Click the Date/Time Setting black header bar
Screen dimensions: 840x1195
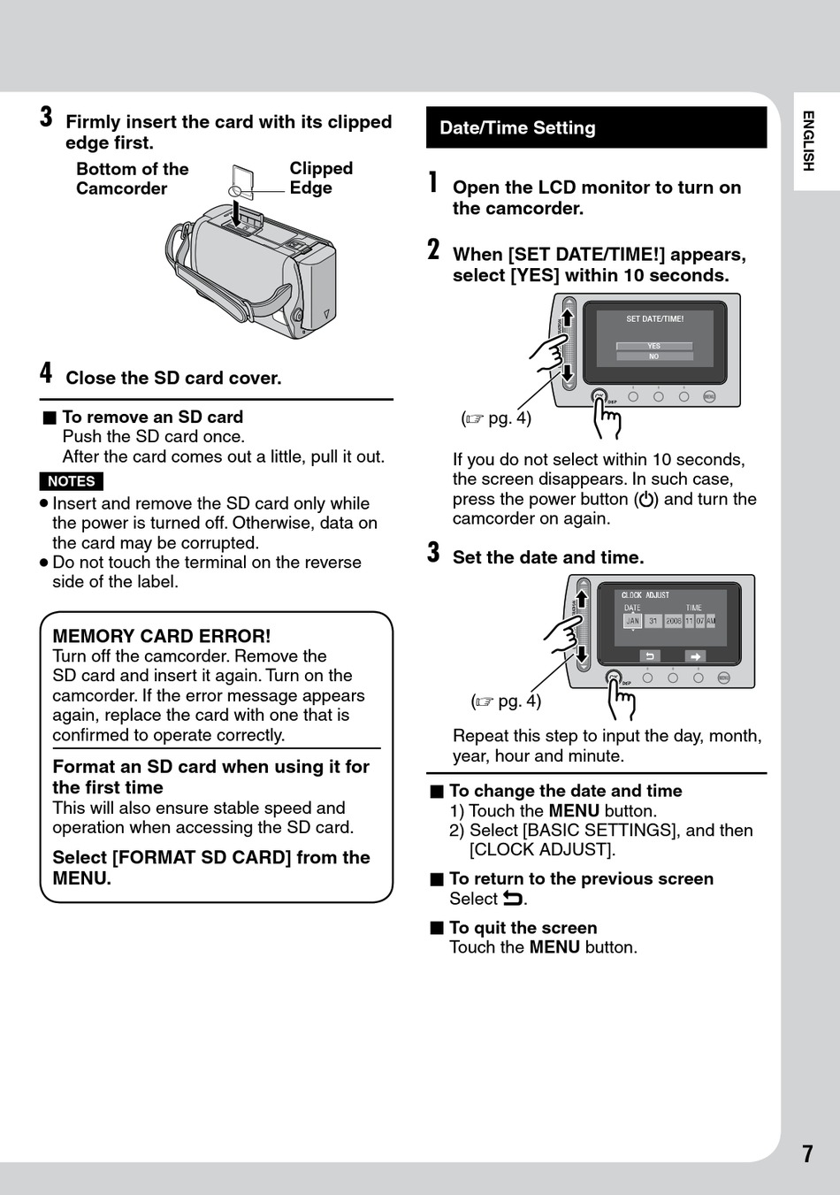[596, 127]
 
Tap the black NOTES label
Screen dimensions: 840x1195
[72, 481]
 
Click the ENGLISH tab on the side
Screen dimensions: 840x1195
[807, 141]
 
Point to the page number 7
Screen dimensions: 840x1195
[807, 1153]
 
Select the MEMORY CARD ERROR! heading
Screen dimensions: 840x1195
[162, 636]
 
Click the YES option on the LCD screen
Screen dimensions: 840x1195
[653, 346]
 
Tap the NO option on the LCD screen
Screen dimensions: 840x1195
[653, 356]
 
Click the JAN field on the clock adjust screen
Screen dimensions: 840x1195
[632, 621]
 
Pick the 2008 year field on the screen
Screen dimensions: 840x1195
[673, 621]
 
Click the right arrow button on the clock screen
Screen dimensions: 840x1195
[696, 656]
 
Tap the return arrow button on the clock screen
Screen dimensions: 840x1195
[649, 656]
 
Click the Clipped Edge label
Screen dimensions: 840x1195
[321, 178]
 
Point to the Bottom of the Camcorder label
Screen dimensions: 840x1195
[133, 179]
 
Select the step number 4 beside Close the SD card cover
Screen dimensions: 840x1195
[46, 373]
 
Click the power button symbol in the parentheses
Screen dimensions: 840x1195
[646, 500]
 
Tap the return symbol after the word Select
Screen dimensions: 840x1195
[513, 899]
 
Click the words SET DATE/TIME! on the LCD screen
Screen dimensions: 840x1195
[654, 319]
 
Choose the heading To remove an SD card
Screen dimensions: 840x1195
[152, 417]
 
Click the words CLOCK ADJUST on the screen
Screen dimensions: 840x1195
[645, 595]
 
